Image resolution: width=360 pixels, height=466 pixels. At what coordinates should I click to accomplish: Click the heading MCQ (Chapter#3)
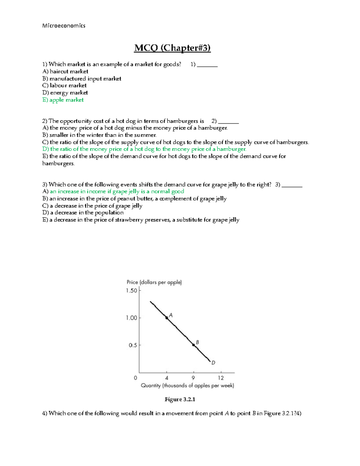coord(172,48)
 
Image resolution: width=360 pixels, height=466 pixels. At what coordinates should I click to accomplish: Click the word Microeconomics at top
coord(64,26)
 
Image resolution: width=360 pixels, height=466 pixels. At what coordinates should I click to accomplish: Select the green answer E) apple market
coord(63,100)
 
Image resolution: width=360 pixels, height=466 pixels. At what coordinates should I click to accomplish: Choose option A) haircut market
coord(65,71)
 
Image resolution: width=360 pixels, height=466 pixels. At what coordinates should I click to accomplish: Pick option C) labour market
coord(64,86)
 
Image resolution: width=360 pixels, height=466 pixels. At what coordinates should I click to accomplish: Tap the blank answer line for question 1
coord(207,65)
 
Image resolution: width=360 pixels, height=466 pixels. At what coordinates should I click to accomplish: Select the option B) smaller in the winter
coord(99,135)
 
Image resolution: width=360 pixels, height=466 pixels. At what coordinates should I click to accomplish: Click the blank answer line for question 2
coord(228,122)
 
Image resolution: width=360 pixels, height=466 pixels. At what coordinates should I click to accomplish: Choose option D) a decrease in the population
coord(83,213)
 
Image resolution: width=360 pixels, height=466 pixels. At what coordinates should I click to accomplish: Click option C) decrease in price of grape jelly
coord(92,206)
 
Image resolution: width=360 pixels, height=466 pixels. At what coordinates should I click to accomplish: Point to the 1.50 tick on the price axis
coord(131,290)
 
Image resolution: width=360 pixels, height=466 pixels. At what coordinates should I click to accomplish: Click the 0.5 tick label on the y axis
coord(133,345)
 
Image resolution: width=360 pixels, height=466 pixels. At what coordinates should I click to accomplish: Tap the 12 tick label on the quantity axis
coord(221,378)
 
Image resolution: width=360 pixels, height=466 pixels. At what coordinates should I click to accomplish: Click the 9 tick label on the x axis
coord(193,378)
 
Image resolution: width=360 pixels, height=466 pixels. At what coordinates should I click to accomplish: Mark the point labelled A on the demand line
coord(167,318)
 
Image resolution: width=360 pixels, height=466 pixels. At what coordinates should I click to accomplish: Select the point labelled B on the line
coord(194,345)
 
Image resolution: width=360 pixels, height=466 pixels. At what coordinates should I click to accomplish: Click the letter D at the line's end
coord(213,363)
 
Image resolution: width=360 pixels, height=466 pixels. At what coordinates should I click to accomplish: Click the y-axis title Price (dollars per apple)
coord(154,282)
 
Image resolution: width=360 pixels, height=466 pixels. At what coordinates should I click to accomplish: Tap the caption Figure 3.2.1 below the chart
coord(180,399)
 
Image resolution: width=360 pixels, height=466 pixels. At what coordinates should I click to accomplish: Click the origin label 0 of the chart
coord(136,378)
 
